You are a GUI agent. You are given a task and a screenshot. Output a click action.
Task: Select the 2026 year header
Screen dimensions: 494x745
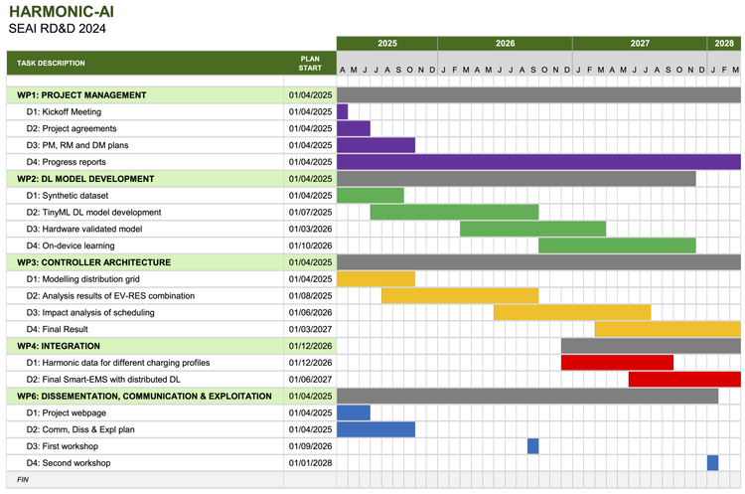pos(505,44)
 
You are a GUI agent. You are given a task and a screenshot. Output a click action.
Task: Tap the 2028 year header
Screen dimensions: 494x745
pos(723,44)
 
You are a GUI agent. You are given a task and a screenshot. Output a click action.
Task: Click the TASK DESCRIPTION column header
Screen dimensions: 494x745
pos(51,64)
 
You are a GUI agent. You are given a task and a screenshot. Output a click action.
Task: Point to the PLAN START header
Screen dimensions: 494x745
pos(310,64)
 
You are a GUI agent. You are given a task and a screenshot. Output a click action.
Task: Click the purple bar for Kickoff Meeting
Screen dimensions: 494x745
pos(343,112)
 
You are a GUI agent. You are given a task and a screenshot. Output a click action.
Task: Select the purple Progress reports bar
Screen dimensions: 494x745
pos(538,162)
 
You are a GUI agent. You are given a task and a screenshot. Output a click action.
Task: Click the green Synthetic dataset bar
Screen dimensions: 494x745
pos(371,195)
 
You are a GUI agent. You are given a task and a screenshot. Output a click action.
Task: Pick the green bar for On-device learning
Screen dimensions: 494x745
pos(617,246)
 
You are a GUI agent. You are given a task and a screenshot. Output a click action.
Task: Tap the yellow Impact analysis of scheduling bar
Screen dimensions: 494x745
pos(572,312)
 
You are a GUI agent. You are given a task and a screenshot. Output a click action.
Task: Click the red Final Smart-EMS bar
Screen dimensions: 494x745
pos(684,379)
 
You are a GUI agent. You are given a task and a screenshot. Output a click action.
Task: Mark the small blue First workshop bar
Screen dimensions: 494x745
pos(533,446)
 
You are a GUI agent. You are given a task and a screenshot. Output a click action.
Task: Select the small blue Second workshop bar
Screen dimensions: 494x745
pos(713,463)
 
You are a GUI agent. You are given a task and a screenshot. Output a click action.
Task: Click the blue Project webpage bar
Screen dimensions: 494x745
pos(354,412)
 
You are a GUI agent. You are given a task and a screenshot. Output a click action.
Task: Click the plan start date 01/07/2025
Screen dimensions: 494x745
pos(310,212)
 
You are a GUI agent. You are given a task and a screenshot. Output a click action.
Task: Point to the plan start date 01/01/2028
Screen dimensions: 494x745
pos(310,463)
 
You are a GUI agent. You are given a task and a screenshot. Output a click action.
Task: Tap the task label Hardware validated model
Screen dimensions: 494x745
pos(84,229)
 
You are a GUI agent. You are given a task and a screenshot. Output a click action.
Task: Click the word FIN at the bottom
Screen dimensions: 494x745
pos(23,479)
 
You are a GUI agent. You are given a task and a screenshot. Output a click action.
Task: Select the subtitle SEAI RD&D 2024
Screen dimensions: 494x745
pos(58,29)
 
